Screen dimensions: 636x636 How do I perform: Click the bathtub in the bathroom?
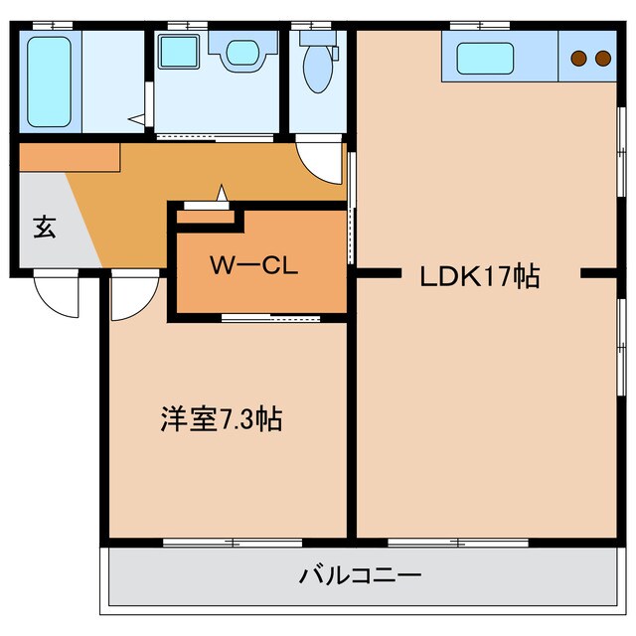tap(49, 81)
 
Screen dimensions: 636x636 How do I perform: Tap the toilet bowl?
tap(318, 70)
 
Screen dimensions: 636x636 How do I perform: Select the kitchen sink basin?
tap(485, 59)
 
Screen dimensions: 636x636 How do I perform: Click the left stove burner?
tap(578, 58)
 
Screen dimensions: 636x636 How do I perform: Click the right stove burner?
tap(603, 58)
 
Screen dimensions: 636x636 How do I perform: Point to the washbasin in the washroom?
tap(242, 53)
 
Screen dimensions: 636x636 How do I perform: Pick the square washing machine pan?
tap(179, 52)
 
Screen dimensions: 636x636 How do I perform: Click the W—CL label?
tap(254, 265)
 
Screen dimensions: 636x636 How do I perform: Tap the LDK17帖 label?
tap(480, 277)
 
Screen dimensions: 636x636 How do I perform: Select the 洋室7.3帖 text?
tap(222, 418)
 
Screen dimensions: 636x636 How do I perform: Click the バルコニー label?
tap(360, 575)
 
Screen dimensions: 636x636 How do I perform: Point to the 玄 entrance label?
tap(45, 228)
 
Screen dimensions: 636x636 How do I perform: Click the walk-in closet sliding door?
tap(271, 318)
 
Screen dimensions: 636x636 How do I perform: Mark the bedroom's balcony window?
tap(233, 543)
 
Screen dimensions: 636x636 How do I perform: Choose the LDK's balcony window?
tap(458, 543)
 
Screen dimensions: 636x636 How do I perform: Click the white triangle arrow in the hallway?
tap(222, 193)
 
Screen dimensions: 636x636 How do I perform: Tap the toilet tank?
tap(318, 38)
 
